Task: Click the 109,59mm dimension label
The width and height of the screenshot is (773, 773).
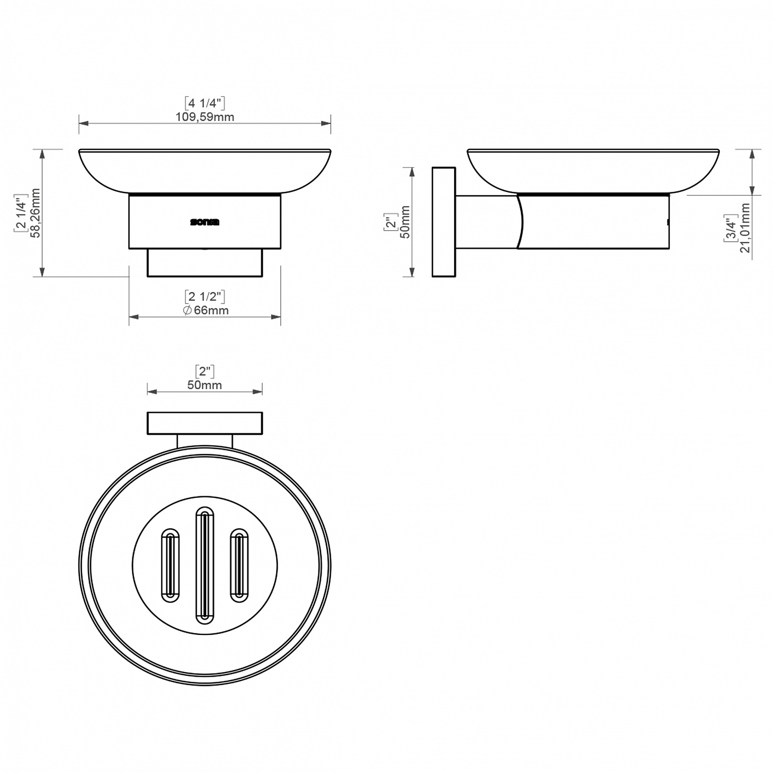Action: coord(205,117)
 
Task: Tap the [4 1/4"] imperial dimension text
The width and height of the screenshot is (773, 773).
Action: coord(205,103)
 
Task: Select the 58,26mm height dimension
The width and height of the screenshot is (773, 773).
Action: coord(36,213)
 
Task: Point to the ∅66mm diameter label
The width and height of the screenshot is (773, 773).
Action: coord(206,310)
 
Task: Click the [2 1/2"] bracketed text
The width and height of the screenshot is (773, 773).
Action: coord(205,296)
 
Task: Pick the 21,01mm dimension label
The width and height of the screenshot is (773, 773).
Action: coord(745,228)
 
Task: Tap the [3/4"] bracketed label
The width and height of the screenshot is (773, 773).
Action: coord(730,228)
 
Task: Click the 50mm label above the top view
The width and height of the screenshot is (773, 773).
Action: coord(205,385)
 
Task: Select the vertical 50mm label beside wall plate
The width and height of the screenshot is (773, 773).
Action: coord(405,222)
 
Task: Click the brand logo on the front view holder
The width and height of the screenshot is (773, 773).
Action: coord(205,222)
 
